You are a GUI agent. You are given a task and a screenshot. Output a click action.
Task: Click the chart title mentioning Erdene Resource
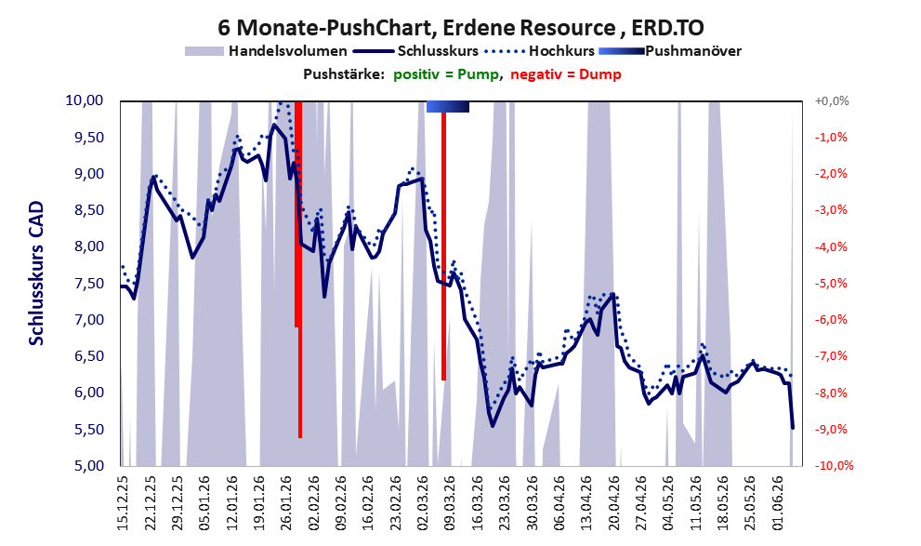click(461, 28)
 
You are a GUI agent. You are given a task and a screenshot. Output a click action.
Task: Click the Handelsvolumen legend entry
click(266, 51)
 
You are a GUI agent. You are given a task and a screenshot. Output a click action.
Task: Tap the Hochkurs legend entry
click(540, 51)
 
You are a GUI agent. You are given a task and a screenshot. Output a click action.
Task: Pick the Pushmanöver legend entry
click(670, 51)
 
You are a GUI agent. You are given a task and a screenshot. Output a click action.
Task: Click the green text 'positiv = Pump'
click(447, 74)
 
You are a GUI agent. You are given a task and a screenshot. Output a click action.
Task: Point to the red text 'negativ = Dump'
click(566, 74)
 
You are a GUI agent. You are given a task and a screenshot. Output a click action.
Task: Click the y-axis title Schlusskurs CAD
click(36, 273)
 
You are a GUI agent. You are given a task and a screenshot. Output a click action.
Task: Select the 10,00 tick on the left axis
click(84, 100)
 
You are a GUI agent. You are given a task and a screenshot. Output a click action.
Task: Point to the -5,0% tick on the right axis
click(831, 284)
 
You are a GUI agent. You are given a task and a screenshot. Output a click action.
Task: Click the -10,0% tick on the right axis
click(834, 466)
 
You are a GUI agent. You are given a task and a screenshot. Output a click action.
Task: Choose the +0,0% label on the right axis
click(832, 101)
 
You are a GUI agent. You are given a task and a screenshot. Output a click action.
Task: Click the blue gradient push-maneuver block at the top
click(448, 106)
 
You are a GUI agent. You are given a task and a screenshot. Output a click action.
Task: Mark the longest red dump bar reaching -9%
click(299, 270)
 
